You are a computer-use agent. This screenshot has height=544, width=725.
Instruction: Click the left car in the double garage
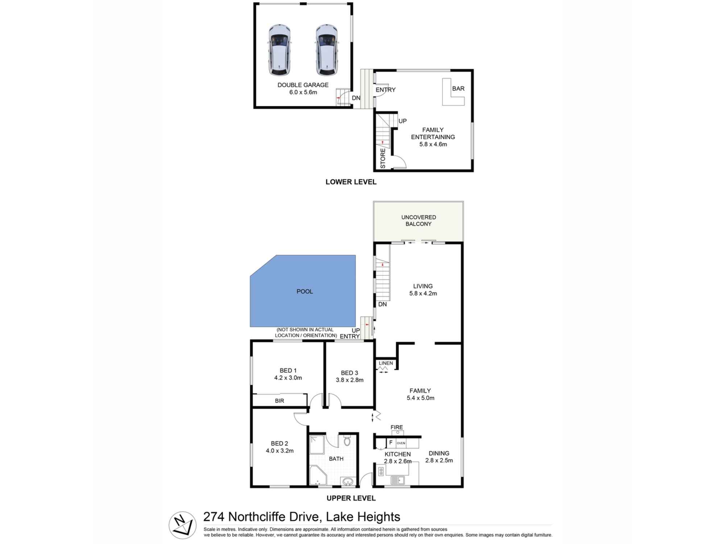click(x=279, y=50)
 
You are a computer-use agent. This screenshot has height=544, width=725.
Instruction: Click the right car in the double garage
click(x=327, y=50)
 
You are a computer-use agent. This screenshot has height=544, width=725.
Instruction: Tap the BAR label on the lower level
click(x=458, y=88)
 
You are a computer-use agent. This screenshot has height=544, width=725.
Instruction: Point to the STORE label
click(x=383, y=158)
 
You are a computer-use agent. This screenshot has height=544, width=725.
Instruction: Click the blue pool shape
click(x=304, y=291)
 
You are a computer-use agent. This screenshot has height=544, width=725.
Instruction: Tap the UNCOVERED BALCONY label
click(x=418, y=221)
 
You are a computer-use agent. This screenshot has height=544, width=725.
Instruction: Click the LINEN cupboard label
click(x=386, y=363)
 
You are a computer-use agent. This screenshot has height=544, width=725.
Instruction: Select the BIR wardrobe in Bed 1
click(x=279, y=401)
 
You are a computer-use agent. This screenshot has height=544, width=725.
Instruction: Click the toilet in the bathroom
click(x=347, y=441)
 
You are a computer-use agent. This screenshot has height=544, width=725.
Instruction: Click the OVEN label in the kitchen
click(x=401, y=443)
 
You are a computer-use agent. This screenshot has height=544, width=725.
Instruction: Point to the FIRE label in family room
click(x=397, y=427)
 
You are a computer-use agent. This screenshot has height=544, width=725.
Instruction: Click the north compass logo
click(x=182, y=525)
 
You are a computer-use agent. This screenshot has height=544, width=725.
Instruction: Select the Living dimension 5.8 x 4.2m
click(x=423, y=293)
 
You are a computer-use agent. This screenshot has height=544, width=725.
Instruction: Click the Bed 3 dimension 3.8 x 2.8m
click(x=349, y=380)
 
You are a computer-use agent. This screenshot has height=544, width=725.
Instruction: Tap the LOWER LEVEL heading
click(x=351, y=182)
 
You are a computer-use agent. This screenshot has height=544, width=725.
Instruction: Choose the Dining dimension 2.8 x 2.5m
click(x=439, y=461)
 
